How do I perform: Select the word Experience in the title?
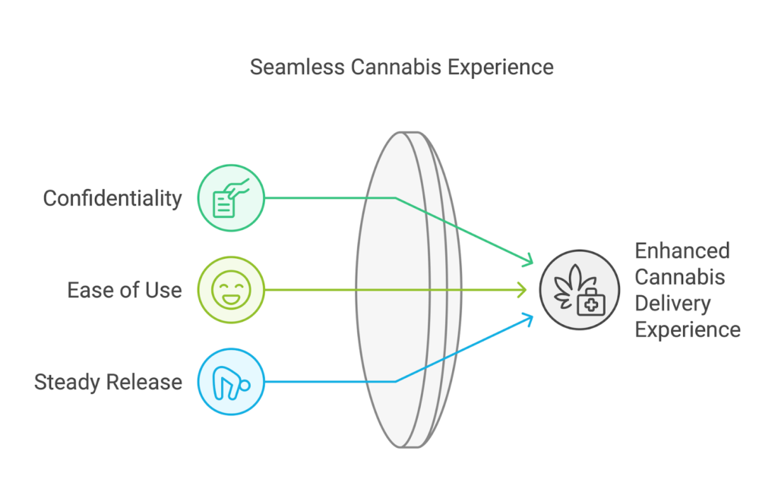click(x=500, y=67)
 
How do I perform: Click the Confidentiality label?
click(x=112, y=198)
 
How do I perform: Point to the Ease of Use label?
click(x=124, y=289)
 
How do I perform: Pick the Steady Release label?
click(x=108, y=381)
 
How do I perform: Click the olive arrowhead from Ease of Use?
click(x=523, y=289)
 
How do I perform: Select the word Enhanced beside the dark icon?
click(x=672, y=250)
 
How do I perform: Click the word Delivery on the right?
click(x=672, y=303)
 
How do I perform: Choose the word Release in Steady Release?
click(x=144, y=381)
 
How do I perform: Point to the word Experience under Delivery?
click(x=688, y=329)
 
